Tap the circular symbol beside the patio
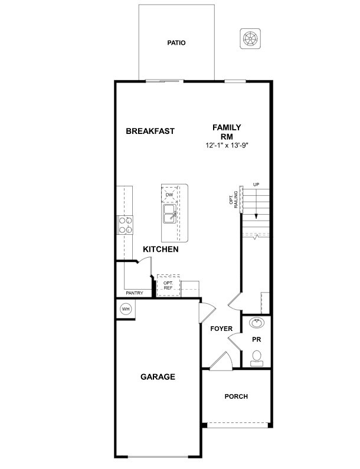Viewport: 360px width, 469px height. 250,38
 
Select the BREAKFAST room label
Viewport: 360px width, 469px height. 150,131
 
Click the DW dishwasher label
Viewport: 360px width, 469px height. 169,194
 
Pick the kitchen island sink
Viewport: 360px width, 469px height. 169,213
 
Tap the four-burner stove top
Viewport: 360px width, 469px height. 125,225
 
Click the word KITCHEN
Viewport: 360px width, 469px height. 161,250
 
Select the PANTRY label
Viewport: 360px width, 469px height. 135,293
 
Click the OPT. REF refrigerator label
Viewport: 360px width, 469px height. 168,285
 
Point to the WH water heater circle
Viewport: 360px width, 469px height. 126,309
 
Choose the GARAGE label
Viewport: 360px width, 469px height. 157,376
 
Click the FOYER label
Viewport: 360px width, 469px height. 221,329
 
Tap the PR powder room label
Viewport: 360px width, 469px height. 257,340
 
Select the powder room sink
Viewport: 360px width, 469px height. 257,323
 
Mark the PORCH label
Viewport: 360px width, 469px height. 236,396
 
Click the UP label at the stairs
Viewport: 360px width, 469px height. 256,185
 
